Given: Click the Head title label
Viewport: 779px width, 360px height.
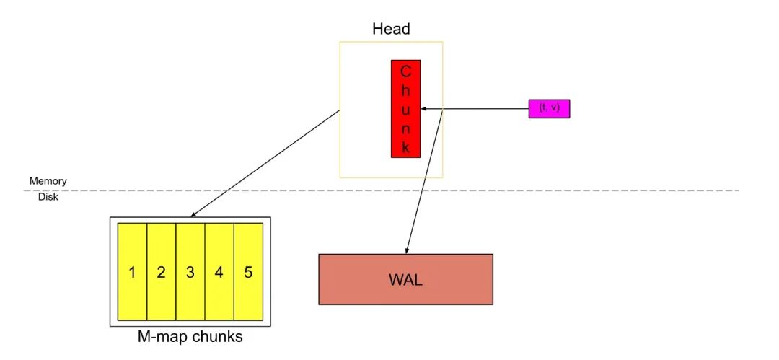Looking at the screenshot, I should coord(391,30).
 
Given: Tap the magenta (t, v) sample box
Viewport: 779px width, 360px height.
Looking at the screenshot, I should coord(549,108).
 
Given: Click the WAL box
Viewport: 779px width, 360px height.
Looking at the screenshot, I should coord(405,279).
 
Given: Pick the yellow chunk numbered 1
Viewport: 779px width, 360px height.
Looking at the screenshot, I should coord(132,272).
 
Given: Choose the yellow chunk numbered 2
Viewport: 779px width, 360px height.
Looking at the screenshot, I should coord(161,272).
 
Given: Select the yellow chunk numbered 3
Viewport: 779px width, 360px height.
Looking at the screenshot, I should coord(190,272).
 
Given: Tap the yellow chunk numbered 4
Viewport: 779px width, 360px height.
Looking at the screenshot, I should coord(219,272).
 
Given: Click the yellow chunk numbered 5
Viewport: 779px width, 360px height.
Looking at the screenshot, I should coord(248,272).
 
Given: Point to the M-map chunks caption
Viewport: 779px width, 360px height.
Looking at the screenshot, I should coord(190,337).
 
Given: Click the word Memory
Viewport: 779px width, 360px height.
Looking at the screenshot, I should coord(48,181).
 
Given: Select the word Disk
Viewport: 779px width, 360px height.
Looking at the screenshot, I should coord(48,197).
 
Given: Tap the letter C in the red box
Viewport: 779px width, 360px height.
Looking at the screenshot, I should coord(405,71).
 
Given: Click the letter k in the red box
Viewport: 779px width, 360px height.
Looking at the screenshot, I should coord(405,148).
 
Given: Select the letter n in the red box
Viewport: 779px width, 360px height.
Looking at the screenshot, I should coord(405,129).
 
